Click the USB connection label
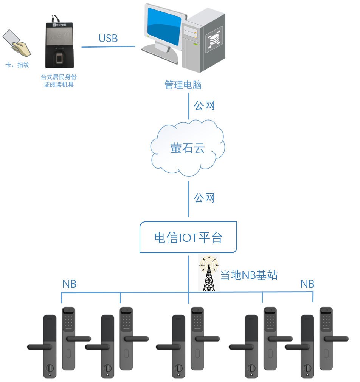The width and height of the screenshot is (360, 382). (x=108, y=38)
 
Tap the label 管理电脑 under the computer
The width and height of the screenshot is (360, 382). (x=183, y=85)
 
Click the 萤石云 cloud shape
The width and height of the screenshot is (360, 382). (x=188, y=148)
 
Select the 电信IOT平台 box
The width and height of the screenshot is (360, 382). (x=188, y=238)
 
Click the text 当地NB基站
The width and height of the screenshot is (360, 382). (x=249, y=275)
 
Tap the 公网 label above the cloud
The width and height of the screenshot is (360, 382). (x=204, y=105)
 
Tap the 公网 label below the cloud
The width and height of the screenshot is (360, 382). (x=204, y=198)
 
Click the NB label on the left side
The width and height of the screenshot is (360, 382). (x=70, y=284)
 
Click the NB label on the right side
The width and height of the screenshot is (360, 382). (x=307, y=284)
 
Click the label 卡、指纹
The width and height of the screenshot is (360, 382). (x=17, y=65)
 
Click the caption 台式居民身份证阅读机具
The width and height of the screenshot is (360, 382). (x=59, y=81)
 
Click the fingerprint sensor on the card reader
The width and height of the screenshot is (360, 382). (x=60, y=59)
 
